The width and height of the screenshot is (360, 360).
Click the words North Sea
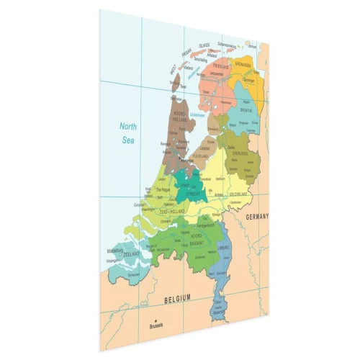(128, 132)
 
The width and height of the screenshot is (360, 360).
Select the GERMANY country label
(256, 217)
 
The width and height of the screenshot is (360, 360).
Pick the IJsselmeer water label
(198, 114)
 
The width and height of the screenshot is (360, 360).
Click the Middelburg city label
(117, 251)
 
